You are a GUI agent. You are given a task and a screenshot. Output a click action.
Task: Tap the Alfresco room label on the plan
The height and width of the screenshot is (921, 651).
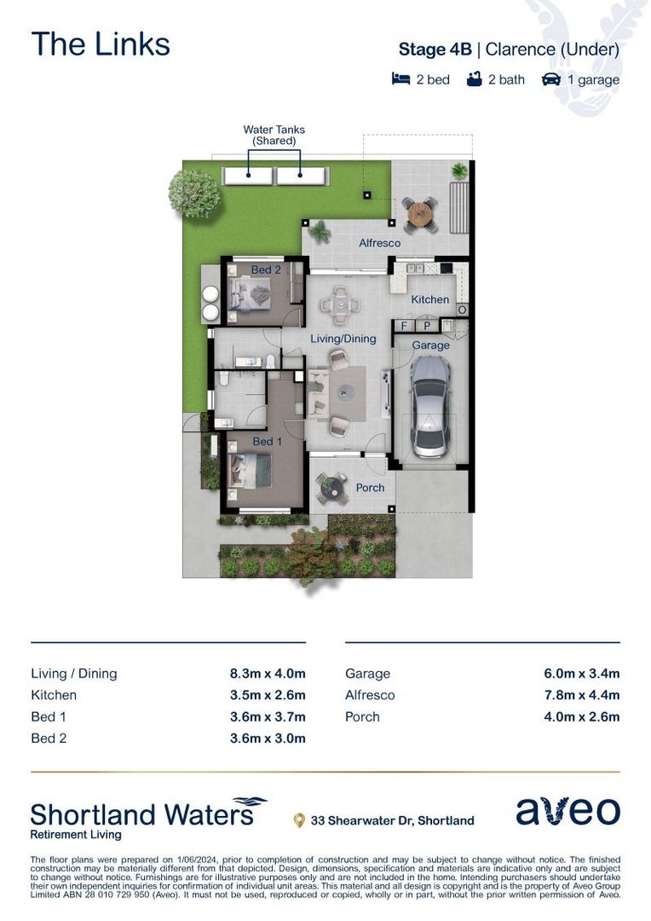click(x=379, y=243)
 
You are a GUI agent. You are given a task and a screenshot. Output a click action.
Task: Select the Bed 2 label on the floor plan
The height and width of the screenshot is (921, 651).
click(x=266, y=269)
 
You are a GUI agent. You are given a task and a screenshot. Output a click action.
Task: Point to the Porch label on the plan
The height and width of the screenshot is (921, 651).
click(x=370, y=488)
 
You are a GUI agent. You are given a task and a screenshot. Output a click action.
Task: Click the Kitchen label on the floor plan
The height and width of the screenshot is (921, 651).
click(x=430, y=299)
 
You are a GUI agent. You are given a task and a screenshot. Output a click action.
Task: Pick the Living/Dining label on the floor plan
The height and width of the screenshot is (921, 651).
click(x=343, y=339)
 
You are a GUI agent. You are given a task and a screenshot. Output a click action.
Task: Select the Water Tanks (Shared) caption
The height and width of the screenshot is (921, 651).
click(x=274, y=135)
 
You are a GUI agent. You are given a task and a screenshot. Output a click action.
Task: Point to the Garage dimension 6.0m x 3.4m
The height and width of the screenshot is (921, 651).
click(x=581, y=673)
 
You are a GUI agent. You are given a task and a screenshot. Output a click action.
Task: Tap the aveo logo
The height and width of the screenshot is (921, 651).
click(x=567, y=812)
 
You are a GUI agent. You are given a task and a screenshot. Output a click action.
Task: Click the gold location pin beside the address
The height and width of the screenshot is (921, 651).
click(x=299, y=820)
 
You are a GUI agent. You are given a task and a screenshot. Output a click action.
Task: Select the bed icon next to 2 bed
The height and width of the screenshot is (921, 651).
click(x=401, y=79)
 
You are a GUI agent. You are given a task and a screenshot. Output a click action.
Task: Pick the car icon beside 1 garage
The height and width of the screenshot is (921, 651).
click(x=551, y=79)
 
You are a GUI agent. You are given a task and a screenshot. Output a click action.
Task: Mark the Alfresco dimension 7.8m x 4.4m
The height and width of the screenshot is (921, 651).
click(x=581, y=695)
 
